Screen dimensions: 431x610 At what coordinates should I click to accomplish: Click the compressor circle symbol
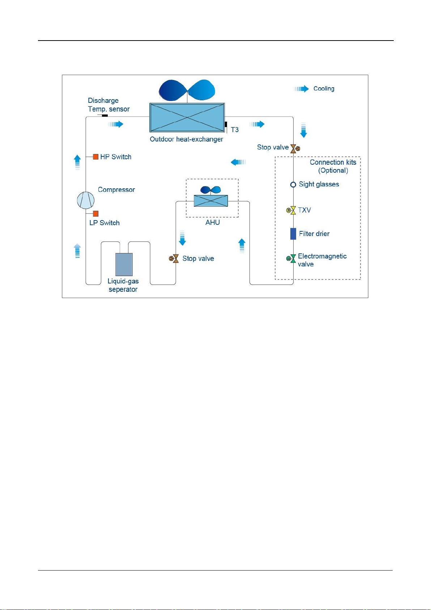click(x=86, y=200)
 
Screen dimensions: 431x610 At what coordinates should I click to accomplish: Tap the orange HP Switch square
click(x=95, y=157)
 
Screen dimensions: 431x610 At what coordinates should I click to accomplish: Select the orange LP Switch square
click(x=95, y=214)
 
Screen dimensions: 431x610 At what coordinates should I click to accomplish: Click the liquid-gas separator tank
click(x=124, y=264)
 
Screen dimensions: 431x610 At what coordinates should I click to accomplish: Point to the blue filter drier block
click(x=293, y=234)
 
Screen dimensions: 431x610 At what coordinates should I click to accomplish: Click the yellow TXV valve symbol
click(x=291, y=210)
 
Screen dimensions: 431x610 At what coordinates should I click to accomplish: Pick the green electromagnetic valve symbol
click(x=291, y=258)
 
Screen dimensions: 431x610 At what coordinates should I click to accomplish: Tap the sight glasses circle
click(x=293, y=185)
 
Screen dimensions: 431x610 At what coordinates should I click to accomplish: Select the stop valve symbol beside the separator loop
click(x=174, y=258)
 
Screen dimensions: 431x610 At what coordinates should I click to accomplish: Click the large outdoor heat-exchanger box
click(x=187, y=117)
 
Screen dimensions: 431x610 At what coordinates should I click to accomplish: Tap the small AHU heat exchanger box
click(x=211, y=201)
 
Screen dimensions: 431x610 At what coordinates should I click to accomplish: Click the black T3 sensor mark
click(x=226, y=125)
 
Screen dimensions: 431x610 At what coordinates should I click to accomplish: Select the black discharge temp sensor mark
click(x=105, y=115)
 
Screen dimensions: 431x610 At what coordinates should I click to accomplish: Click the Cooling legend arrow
click(x=301, y=89)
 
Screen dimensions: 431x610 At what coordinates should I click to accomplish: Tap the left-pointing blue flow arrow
click(x=238, y=162)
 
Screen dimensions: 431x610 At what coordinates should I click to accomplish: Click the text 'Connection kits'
click(x=333, y=162)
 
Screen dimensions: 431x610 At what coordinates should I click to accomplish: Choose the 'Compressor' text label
click(x=116, y=190)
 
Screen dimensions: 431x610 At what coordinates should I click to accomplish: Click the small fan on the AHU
click(x=210, y=190)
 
